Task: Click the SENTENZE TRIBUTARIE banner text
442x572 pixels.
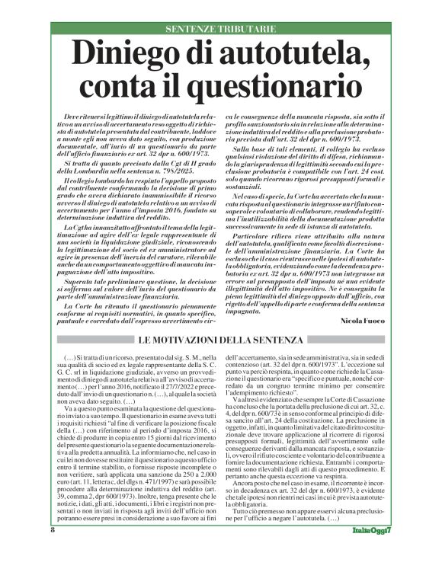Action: click(220, 28)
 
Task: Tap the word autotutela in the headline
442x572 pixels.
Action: click(299, 56)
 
